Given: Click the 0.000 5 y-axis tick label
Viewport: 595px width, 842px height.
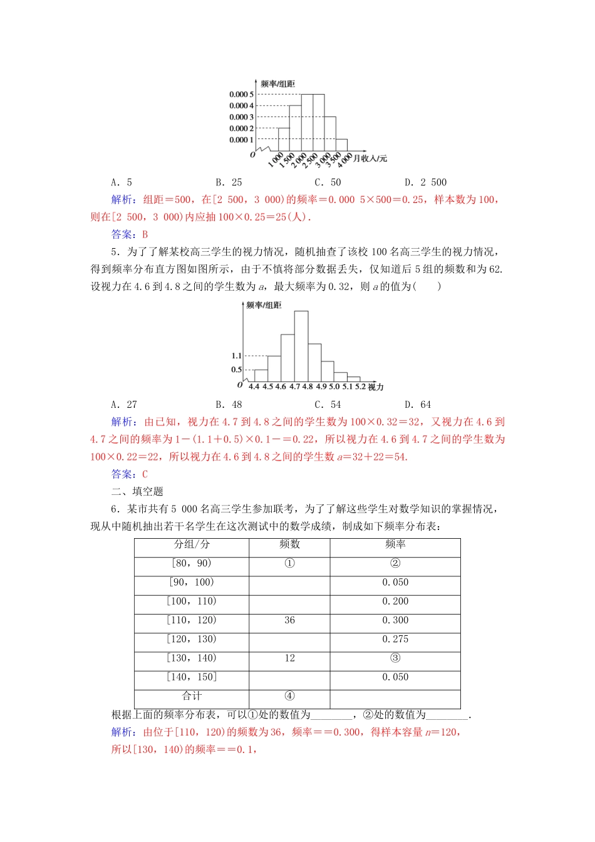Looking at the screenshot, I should (241, 95).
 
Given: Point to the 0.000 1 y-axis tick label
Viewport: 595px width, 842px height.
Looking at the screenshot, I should (241, 140).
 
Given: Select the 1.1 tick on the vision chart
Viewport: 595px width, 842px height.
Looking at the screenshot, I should (236, 356).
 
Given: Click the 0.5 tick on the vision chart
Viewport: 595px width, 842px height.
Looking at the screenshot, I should (236, 370).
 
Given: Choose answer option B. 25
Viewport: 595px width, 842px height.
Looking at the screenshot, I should (229, 182).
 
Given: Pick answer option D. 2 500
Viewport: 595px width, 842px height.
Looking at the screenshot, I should (425, 182).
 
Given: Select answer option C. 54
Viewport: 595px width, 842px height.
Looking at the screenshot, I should (328, 405).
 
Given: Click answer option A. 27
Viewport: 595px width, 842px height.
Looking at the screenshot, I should (123, 405).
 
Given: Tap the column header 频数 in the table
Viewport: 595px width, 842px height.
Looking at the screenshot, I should (289, 544).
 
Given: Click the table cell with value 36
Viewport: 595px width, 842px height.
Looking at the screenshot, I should (289, 620).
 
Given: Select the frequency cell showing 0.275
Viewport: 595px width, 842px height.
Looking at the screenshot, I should (395, 639).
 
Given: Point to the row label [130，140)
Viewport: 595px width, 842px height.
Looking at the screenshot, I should (192, 658).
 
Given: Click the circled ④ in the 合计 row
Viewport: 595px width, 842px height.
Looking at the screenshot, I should (289, 696).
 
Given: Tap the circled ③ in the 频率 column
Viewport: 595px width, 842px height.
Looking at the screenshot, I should (395, 658).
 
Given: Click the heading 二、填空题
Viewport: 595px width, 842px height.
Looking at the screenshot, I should (137, 492).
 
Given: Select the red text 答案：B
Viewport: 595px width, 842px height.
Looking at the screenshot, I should (129, 234).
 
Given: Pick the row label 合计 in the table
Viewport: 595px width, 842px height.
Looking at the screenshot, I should (192, 696).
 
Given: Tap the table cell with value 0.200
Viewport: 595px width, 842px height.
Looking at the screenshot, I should (395, 601).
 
